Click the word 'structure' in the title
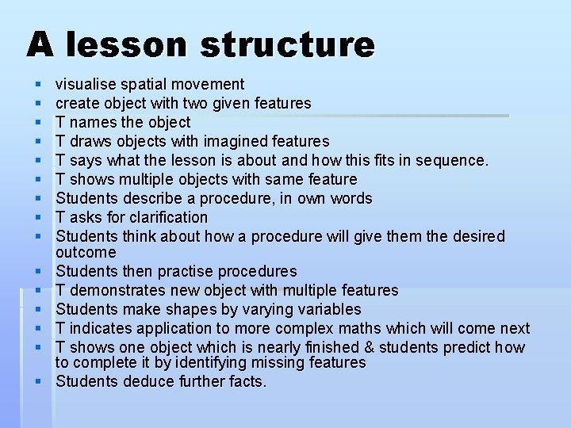pyautogui.click(x=287, y=44)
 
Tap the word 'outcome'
pyautogui.click(x=86, y=252)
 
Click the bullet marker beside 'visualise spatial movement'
pyautogui.click(x=37, y=83)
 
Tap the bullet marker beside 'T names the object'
pyautogui.click(x=37, y=121)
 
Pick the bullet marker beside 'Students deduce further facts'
pyautogui.click(x=37, y=381)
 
